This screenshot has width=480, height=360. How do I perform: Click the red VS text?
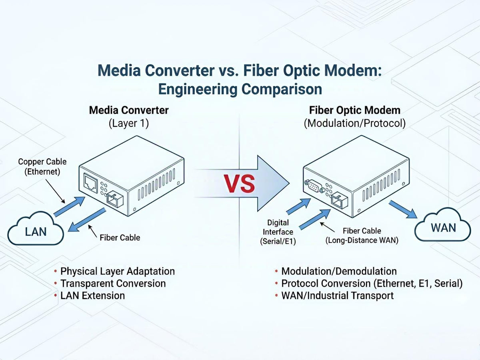pos(240,183)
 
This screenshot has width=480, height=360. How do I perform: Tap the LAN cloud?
pos(36,228)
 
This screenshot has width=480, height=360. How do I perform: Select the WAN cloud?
pos(443,225)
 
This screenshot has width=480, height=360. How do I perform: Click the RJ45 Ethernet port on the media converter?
pos(90,183)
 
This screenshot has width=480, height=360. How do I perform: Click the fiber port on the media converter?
pos(115,199)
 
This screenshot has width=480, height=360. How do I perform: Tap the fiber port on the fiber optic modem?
pos(340,200)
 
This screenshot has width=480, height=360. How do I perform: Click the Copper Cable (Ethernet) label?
pos(42,166)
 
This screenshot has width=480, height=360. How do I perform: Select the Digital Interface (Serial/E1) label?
pos(278,232)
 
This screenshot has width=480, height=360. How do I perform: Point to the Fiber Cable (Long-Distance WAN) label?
pos(362,236)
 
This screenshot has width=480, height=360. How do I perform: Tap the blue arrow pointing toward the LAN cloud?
pos(87,220)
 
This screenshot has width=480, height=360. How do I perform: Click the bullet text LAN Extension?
pos(92,296)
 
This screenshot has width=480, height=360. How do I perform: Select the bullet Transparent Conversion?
pos(113,284)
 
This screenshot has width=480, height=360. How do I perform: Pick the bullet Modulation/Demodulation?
pos(339,271)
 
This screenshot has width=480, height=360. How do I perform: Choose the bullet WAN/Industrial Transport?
pos(338,296)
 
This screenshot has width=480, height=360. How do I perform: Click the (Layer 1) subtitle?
pos(129,124)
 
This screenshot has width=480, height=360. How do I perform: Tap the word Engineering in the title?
pos(198,89)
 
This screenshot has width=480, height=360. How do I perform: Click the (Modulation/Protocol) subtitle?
pos(355,124)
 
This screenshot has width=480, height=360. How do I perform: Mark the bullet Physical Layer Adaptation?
pos(118,271)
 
